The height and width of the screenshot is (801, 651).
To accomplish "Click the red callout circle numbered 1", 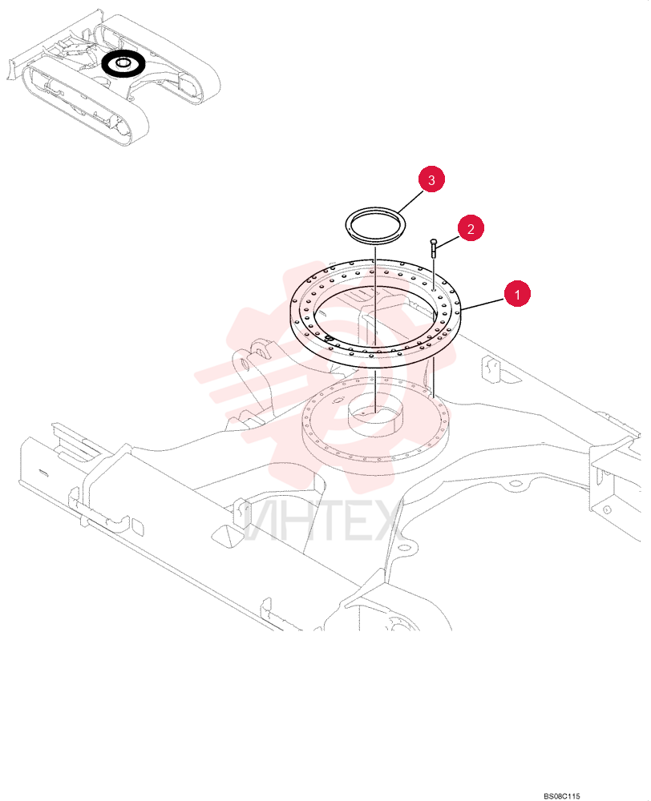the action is click(517, 294).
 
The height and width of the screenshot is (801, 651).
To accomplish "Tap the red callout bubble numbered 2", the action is click(471, 228).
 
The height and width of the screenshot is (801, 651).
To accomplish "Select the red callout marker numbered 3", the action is click(431, 179).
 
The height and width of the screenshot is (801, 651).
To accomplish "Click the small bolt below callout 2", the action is click(433, 248).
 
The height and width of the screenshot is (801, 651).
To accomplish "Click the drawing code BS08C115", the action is click(561, 795).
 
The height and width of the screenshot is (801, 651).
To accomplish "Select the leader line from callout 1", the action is click(482, 304).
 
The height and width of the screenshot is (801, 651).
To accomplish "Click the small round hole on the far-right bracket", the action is click(607, 509).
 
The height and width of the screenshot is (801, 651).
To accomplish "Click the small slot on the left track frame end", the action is click(43, 473).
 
